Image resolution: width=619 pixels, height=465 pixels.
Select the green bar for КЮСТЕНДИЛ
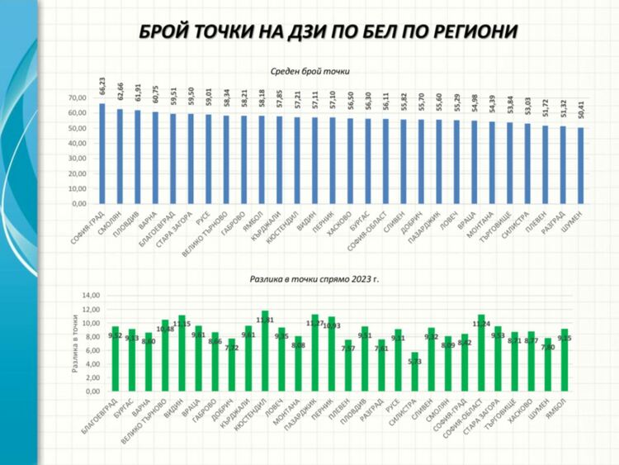[x=265, y=363]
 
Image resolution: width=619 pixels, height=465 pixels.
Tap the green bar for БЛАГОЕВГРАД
[x=116, y=358]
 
